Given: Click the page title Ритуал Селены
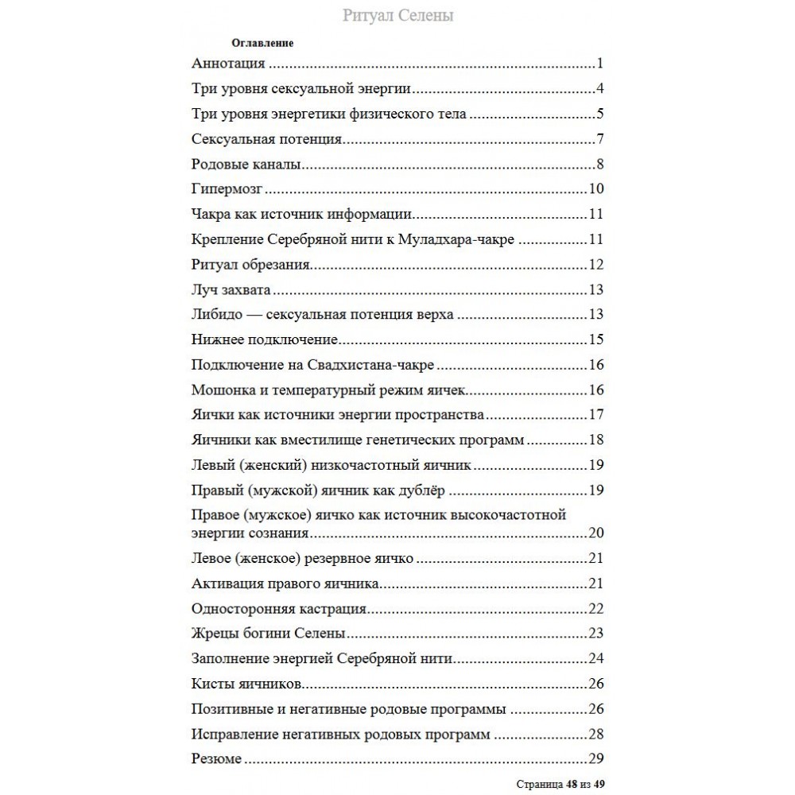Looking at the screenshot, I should [397, 16].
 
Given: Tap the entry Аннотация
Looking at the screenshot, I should [229, 64].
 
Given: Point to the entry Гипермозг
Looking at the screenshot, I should [227, 190].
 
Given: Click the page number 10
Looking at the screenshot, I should [597, 190].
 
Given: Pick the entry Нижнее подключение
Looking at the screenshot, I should [266, 340].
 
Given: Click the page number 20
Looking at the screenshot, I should [596, 532].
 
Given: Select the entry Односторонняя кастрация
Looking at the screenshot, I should [279, 610].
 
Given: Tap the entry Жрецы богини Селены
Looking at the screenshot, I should [270, 634].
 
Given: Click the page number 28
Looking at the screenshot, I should [597, 734].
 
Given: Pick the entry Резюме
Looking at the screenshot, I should [217, 758].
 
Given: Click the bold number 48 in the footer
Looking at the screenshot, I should [569, 784].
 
